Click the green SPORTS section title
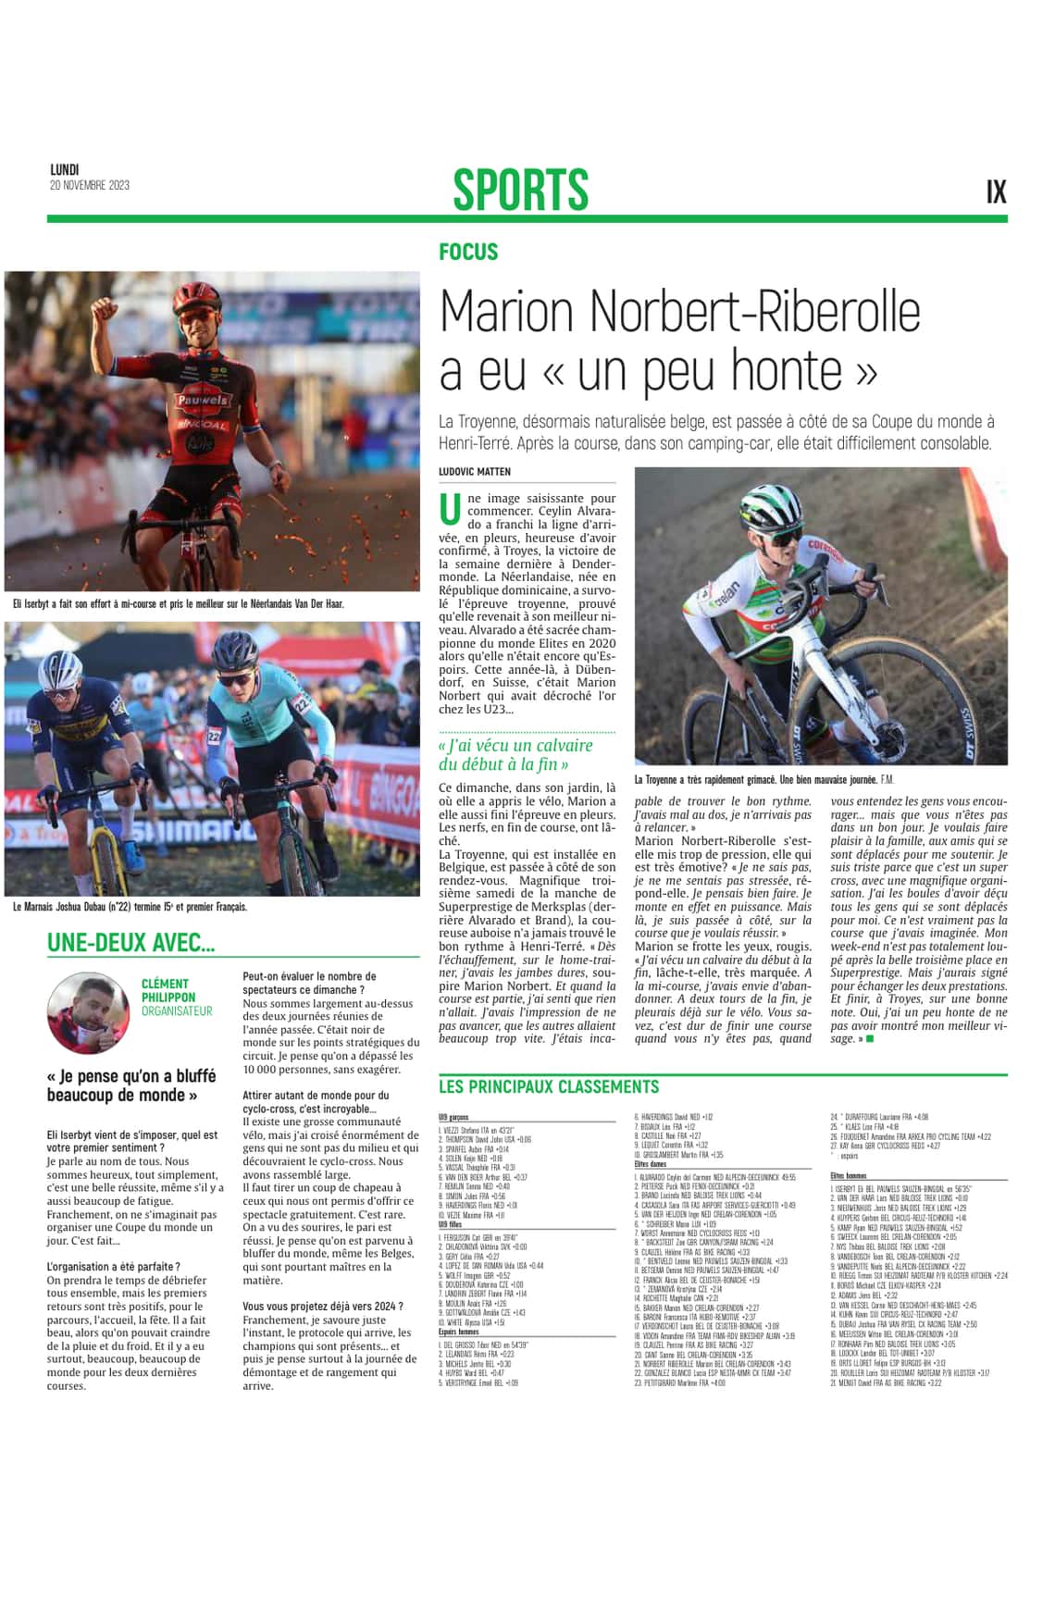[x=520, y=189]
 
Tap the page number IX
[x=996, y=192]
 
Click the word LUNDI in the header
[x=65, y=169]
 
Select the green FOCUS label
[x=468, y=252]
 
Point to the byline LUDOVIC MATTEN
[x=475, y=472]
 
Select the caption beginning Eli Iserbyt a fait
[x=179, y=604]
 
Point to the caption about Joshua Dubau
[x=130, y=907]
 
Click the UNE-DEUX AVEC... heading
[x=131, y=943]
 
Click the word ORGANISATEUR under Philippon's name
[x=177, y=1011]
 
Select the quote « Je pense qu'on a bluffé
[x=131, y=1085]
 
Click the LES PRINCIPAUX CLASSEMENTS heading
[x=549, y=1086]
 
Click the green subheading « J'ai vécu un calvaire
[x=515, y=754]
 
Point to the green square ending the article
[x=869, y=1039]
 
